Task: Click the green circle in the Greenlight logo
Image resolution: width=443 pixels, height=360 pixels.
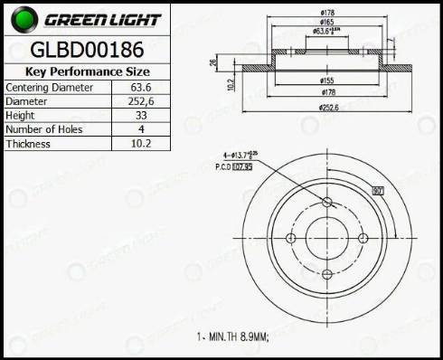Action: click(22, 18)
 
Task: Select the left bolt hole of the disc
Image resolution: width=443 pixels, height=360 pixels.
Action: click(289, 238)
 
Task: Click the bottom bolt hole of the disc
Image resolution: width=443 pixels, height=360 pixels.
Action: click(326, 275)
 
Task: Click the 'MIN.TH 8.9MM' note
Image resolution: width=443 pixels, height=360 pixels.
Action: click(233, 336)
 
